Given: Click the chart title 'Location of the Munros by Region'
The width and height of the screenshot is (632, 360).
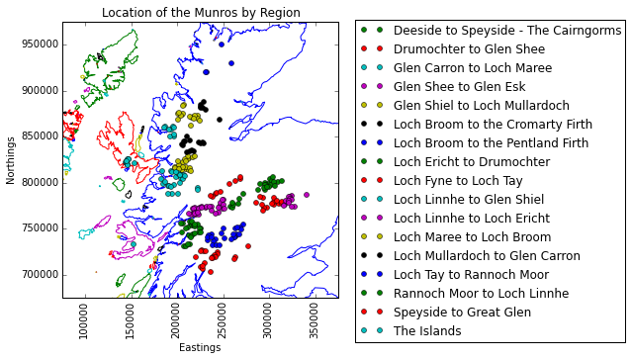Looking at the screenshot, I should click(x=201, y=13).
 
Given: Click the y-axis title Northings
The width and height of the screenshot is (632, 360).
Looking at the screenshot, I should click(x=11, y=160).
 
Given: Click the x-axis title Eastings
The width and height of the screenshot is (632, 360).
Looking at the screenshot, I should click(x=201, y=348).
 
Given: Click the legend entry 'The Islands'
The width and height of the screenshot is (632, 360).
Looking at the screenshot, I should click(x=427, y=330).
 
